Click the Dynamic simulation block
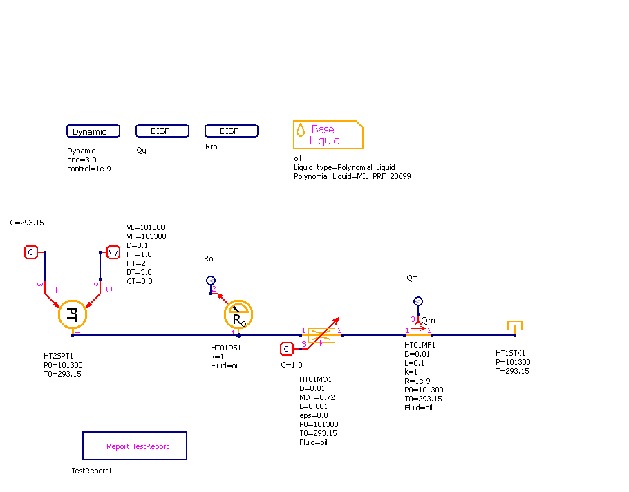click(93, 131)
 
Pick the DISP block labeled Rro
click(232, 131)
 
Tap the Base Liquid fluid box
click(328, 135)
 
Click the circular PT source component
click(72, 314)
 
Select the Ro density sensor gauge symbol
click(238, 315)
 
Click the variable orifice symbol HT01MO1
click(321, 335)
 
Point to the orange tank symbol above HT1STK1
click(514, 326)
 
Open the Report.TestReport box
click(135, 446)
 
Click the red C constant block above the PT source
click(31, 252)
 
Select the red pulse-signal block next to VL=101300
click(113, 252)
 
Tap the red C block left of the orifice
click(287, 349)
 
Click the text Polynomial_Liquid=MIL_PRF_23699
click(353, 176)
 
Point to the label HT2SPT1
click(59, 357)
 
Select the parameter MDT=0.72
click(317, 397)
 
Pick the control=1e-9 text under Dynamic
click(88, 169)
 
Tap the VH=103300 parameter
click(146, 236)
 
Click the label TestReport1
click(92, 471)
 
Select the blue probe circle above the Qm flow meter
click(417, 301)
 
